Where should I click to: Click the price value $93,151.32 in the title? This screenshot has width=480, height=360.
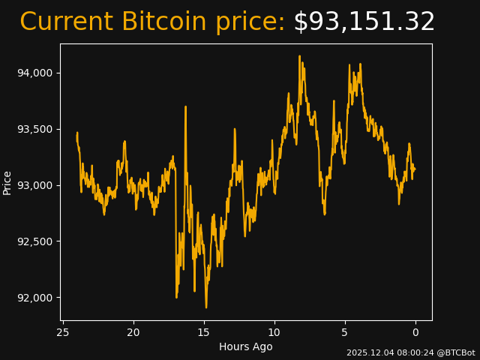(364, 22)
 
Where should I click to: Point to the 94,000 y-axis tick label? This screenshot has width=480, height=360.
(35, 73)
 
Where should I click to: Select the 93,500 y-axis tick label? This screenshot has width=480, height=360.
(35, 129)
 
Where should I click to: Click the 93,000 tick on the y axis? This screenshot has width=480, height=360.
(35, 185)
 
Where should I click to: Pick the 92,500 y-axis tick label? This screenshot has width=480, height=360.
(35, 241)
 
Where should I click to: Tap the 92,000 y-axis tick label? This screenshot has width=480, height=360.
(35, 298)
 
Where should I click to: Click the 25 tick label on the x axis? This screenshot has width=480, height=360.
(63, 332)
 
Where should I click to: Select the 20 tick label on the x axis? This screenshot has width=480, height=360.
(133, 332)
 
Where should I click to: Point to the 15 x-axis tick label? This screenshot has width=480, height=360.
(204, 332)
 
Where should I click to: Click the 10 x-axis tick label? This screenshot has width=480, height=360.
(274, 332)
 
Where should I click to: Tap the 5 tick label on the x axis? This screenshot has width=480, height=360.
(345, 332)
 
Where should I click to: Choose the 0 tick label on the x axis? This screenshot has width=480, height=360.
(415, 332)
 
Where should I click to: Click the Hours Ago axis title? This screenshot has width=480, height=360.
(246, 346)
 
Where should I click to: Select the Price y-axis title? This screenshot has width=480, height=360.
(7, 182)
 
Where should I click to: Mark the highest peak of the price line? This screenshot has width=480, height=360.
(299, 55)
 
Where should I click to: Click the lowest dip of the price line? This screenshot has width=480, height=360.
(206, 307)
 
